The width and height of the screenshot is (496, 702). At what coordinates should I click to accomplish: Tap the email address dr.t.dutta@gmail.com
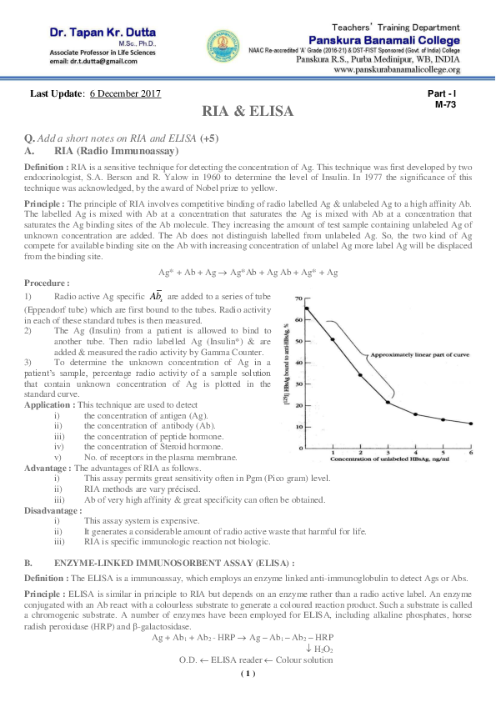pyautogui.click(x=68, y=63)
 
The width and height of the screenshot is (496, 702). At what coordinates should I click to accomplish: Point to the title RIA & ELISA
pyautogui.click(x=248, y=110)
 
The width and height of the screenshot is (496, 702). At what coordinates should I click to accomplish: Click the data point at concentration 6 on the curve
pyautogui.click(x=471, y=424)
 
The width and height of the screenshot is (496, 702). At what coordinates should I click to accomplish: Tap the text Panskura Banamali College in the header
pyautogui.click(x=395, y=39)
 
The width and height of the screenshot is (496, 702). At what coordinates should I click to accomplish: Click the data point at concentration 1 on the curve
pyautogui.click(x=333, y=339)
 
